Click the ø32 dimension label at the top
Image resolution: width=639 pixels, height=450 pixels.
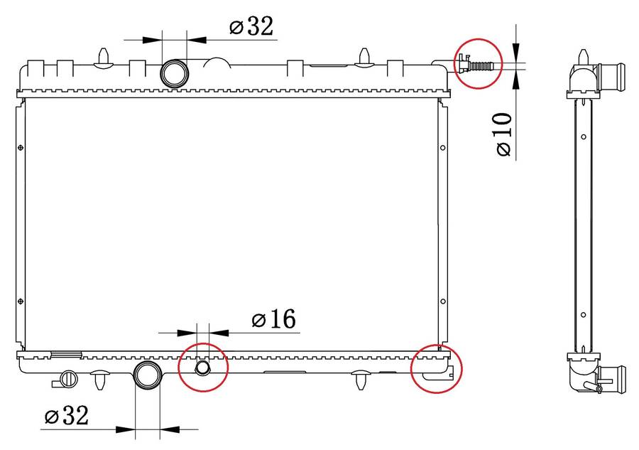(251, 27)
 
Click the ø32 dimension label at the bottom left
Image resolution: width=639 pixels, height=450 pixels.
(67, 416)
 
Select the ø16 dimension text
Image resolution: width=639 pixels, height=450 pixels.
(274, 318)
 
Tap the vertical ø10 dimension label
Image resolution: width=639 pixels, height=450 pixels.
(503, 134)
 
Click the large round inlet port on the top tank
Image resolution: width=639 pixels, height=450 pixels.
(175, 73)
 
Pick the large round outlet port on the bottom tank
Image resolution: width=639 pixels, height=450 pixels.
(147, 375)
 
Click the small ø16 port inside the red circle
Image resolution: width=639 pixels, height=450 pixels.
(202, 368)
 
